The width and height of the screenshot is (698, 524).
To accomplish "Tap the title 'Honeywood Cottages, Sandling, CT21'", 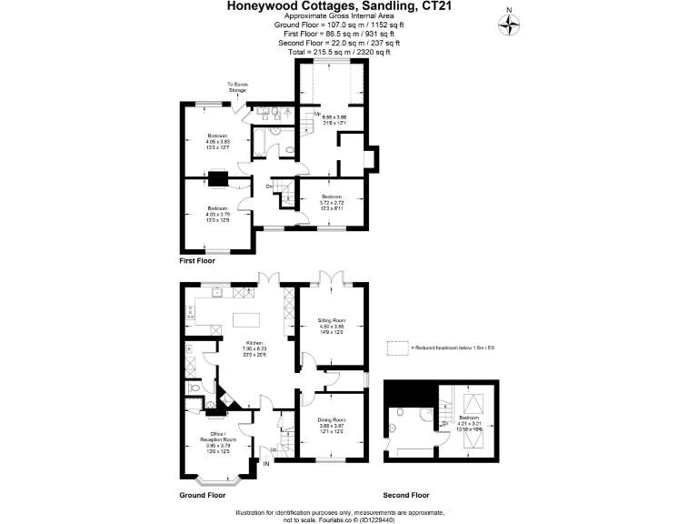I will click(x=349, y=6).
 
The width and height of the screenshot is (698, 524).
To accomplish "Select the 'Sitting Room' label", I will click(x=331, y=326).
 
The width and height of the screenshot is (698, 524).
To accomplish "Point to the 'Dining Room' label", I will click(x=331, y=424).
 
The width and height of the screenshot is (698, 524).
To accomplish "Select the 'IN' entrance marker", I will click(x=265, y=464).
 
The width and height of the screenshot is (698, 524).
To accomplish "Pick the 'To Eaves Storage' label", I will click(x=237, y=88).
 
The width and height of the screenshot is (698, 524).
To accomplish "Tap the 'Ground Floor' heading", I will click(x=202, y=496).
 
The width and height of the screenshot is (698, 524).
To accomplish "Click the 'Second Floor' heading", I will click(x=406, y=496).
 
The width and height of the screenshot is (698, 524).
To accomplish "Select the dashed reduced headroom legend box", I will click(x=397, y=348).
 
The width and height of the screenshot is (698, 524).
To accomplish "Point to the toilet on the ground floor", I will click(x=195, y=388).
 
